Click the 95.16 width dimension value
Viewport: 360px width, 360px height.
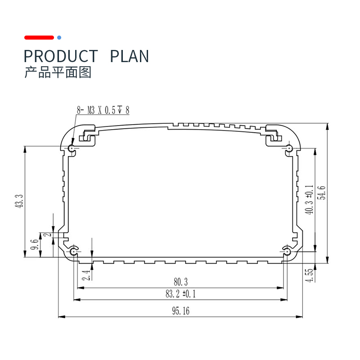pos(181,311)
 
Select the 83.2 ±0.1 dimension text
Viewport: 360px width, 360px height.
pos(180,294)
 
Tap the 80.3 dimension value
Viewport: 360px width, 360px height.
pos(181,282)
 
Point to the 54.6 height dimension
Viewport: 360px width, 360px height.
pos(323,193)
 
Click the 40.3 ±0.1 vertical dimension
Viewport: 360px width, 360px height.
pos(309,200)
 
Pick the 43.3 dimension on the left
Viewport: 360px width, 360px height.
pos(19,201)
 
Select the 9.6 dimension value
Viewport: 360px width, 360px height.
pos(35,244)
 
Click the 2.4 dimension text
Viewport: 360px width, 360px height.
pos(86,275)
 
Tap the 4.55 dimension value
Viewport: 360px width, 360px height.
pos(309,275)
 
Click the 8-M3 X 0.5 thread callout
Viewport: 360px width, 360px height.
pos(103,110)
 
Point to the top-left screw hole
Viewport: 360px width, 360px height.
pos(72,148)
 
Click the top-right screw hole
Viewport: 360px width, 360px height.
pos(288,148)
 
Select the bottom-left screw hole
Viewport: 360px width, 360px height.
pos(73,252)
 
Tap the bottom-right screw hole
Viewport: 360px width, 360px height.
pos(287,252)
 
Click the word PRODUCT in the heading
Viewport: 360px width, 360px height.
pos(61,56)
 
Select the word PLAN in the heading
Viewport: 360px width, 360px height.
pos(130,56)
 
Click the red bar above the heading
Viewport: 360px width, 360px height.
pos(39,37)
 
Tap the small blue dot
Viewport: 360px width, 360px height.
pos(59,37)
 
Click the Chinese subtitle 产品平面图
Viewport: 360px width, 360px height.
pos(58,72)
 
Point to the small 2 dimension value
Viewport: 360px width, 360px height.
pos(48,234)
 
